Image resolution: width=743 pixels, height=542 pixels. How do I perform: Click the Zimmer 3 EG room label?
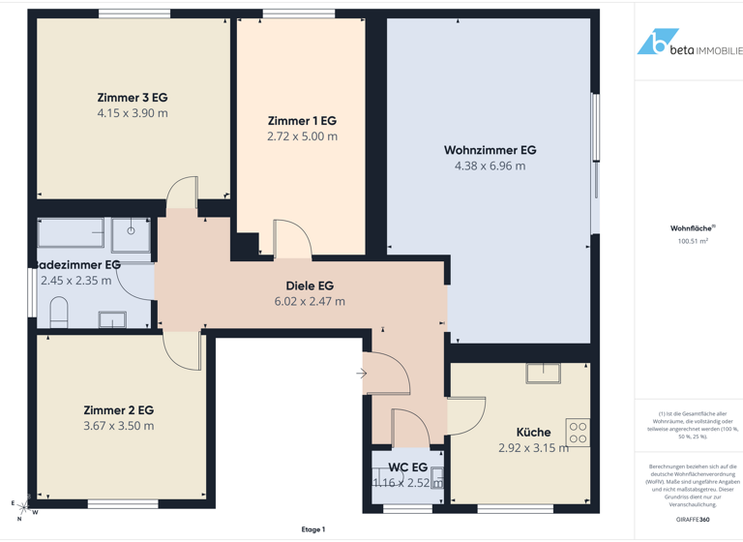(133, 98)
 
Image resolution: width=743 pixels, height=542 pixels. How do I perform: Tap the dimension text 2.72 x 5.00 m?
(302, 136)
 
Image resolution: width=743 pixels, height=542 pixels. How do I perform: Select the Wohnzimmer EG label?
(490, 150)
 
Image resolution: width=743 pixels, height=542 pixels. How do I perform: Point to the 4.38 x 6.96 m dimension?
(490, 166)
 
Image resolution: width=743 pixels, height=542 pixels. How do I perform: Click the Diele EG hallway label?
(310, 286)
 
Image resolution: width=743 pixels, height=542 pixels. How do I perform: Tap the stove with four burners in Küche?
(578, 433)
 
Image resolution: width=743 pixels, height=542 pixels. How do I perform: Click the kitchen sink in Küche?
(543, 373)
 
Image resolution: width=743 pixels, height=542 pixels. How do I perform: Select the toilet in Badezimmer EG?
(57, 312)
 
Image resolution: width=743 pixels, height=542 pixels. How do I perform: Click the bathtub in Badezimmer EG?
(71, 233)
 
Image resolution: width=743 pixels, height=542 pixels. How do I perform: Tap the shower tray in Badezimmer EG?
(131, 233)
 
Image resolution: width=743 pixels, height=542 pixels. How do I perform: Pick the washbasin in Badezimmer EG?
(112, 319)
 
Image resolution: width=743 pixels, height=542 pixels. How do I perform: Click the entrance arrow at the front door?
(361, 374)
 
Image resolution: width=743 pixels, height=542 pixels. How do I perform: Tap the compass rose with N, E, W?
(22, 508)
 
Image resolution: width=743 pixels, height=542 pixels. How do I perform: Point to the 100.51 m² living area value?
(693, 241)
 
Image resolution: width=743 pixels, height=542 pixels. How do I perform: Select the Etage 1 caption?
(312, 529)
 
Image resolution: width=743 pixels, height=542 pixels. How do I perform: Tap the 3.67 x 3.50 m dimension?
(118, 426)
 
